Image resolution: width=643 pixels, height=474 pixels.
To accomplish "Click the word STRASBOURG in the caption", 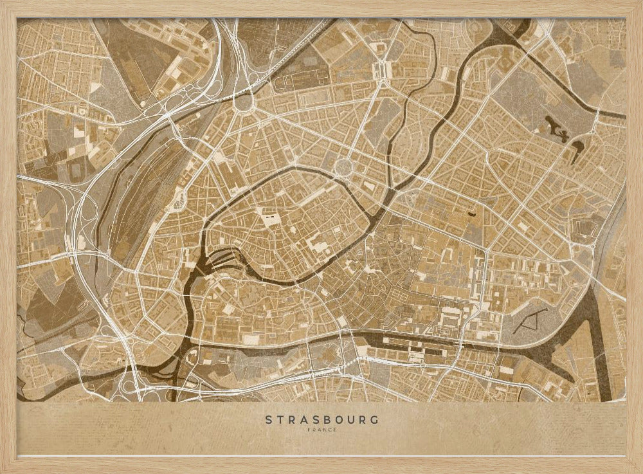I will tap(321, 420).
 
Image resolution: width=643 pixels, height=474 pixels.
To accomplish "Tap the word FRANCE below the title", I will tap(321, 430).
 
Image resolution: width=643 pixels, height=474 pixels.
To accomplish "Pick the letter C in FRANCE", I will tap(327, 430).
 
